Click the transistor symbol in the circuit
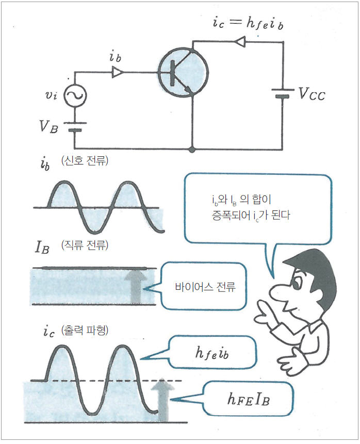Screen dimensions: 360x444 pos(183,73)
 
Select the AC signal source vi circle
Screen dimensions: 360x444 pos(75,95)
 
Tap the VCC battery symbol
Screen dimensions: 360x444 pos(283,93)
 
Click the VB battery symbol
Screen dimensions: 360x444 pos(75,126)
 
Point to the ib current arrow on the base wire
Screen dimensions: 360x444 pos(117,72)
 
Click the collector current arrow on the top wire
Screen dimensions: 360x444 pos(240,42)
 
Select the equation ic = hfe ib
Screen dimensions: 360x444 pos(248,22)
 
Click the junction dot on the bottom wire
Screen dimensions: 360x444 pos(192,149)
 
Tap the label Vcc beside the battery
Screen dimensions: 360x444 pos(312,94)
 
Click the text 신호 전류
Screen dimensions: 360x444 pos(85,160)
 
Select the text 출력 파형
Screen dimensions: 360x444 pos(85,330)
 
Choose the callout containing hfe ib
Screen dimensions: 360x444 pos(209,353)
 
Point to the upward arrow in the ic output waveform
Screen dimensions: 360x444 pos(162,400)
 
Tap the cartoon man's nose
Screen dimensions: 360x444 pos(279,292)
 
